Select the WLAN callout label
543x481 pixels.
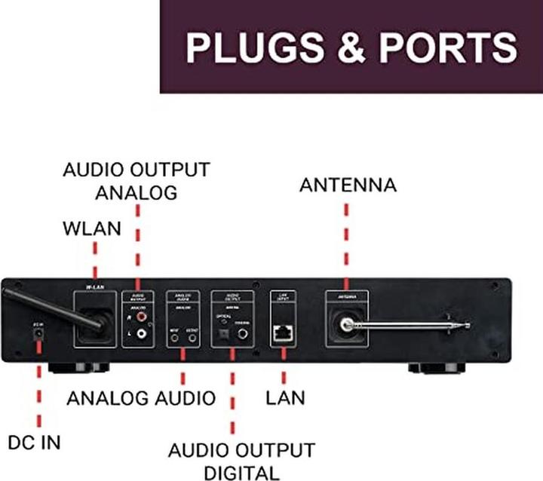(x=92, y=228)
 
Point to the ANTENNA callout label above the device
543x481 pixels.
(x=348, y=185)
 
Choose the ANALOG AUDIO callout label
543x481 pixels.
(x=141, y=397)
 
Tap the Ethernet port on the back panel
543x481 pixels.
(x=282, y=331)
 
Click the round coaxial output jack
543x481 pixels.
(x=243, y=333)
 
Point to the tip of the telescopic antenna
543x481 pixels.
(x=468, y=326)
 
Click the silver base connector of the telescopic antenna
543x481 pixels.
(x=346, y=325)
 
